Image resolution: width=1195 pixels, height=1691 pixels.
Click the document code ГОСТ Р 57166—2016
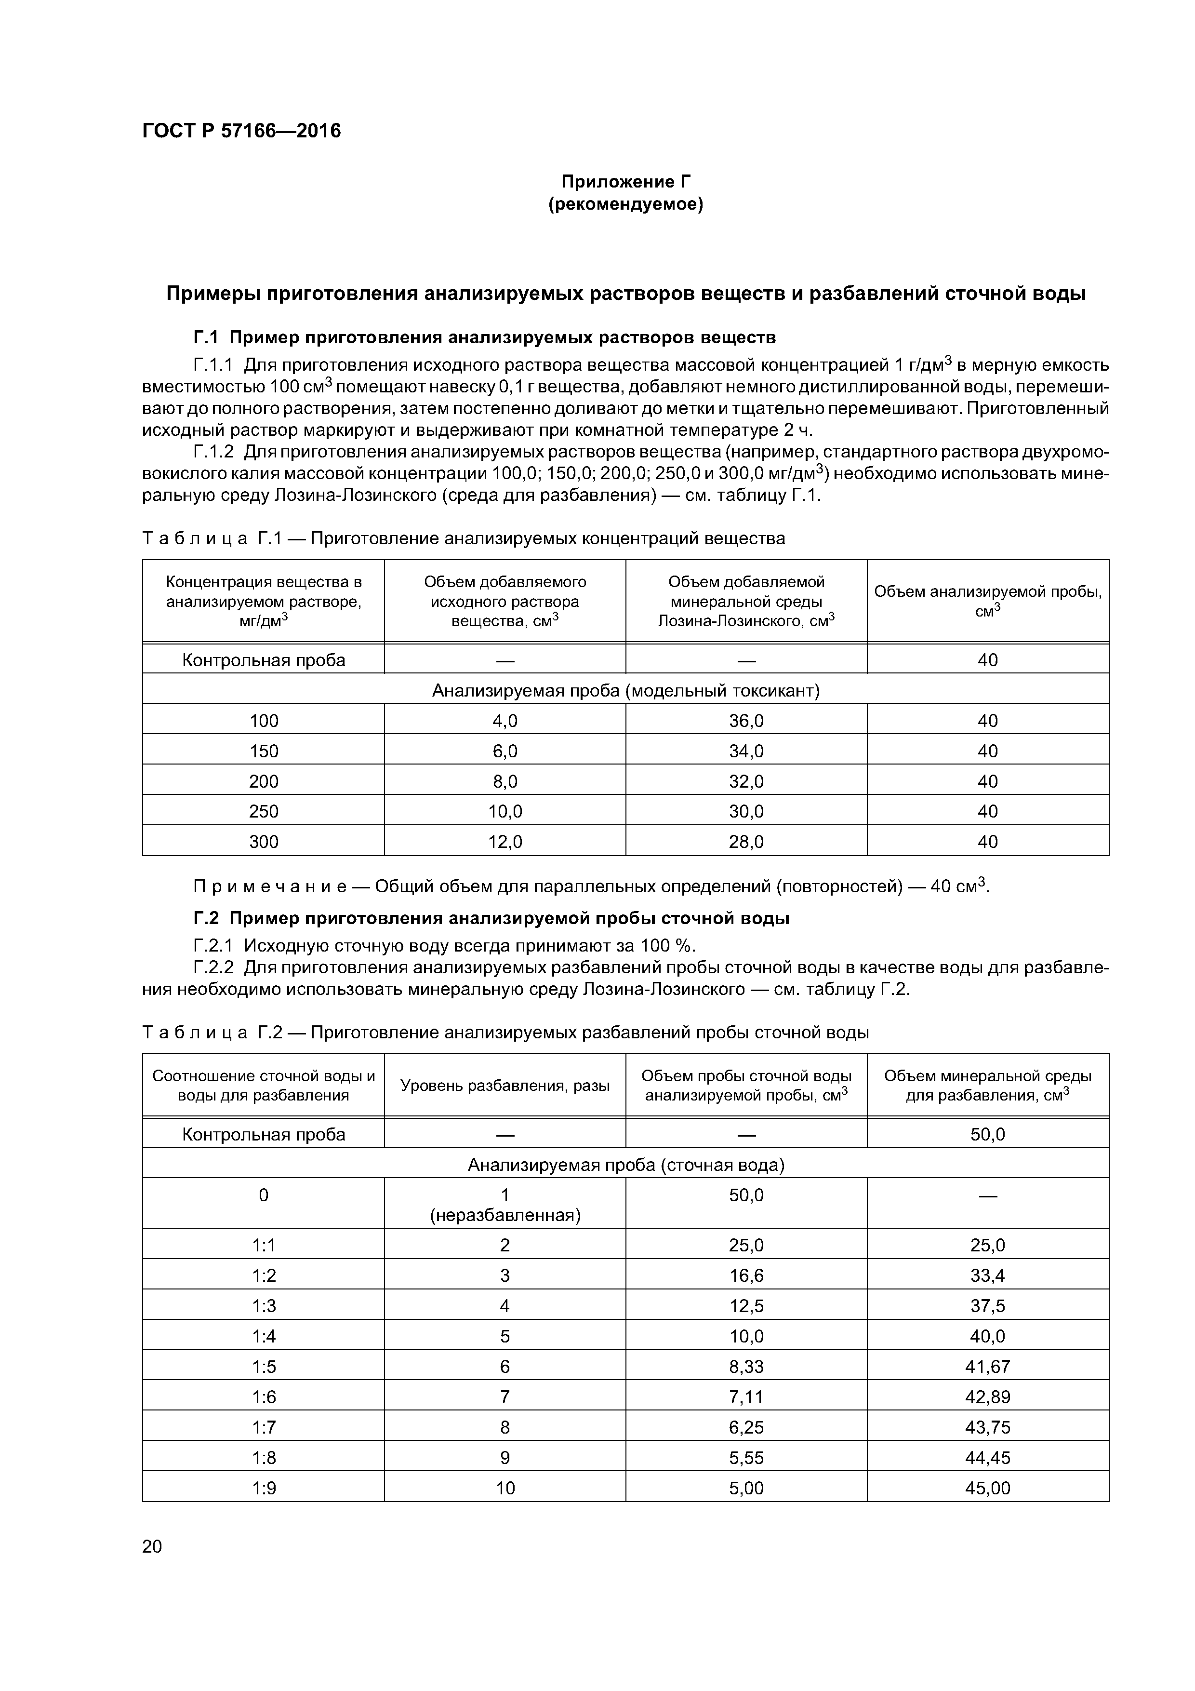tap(241, 131)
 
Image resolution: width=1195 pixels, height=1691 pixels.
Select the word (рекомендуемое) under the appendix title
tap(626, 204)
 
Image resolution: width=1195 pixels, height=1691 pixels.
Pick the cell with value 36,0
tap(746, 720)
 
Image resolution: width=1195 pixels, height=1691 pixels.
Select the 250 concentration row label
tap(264, 811)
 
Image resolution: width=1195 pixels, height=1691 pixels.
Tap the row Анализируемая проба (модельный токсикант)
tap(625, 690)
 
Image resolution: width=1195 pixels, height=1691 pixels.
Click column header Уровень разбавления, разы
tap(505, 1086)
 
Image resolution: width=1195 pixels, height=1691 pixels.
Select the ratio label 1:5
tap(264, 1366)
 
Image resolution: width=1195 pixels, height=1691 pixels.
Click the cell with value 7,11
tap(746, 1396)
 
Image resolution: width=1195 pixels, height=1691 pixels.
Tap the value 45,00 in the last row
tap(987, 1488)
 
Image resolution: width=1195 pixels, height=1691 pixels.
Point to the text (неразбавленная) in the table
tap(505, 1214)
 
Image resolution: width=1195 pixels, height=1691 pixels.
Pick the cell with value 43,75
tap(987, 1426)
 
